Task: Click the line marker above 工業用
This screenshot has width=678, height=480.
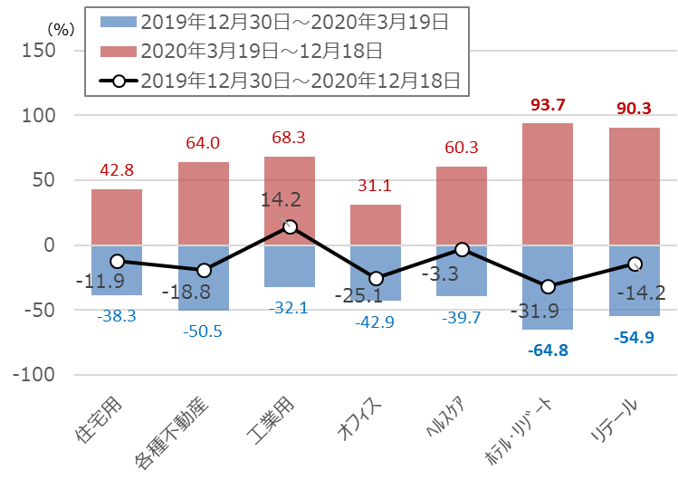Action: (290, 226)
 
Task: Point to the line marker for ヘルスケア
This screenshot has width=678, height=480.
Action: (462, 249)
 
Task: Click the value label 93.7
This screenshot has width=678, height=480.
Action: (548, 106)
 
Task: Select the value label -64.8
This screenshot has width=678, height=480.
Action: (547, 349)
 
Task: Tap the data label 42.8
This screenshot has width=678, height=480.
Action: (117, 171)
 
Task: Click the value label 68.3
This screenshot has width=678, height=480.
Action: (290, 139)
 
